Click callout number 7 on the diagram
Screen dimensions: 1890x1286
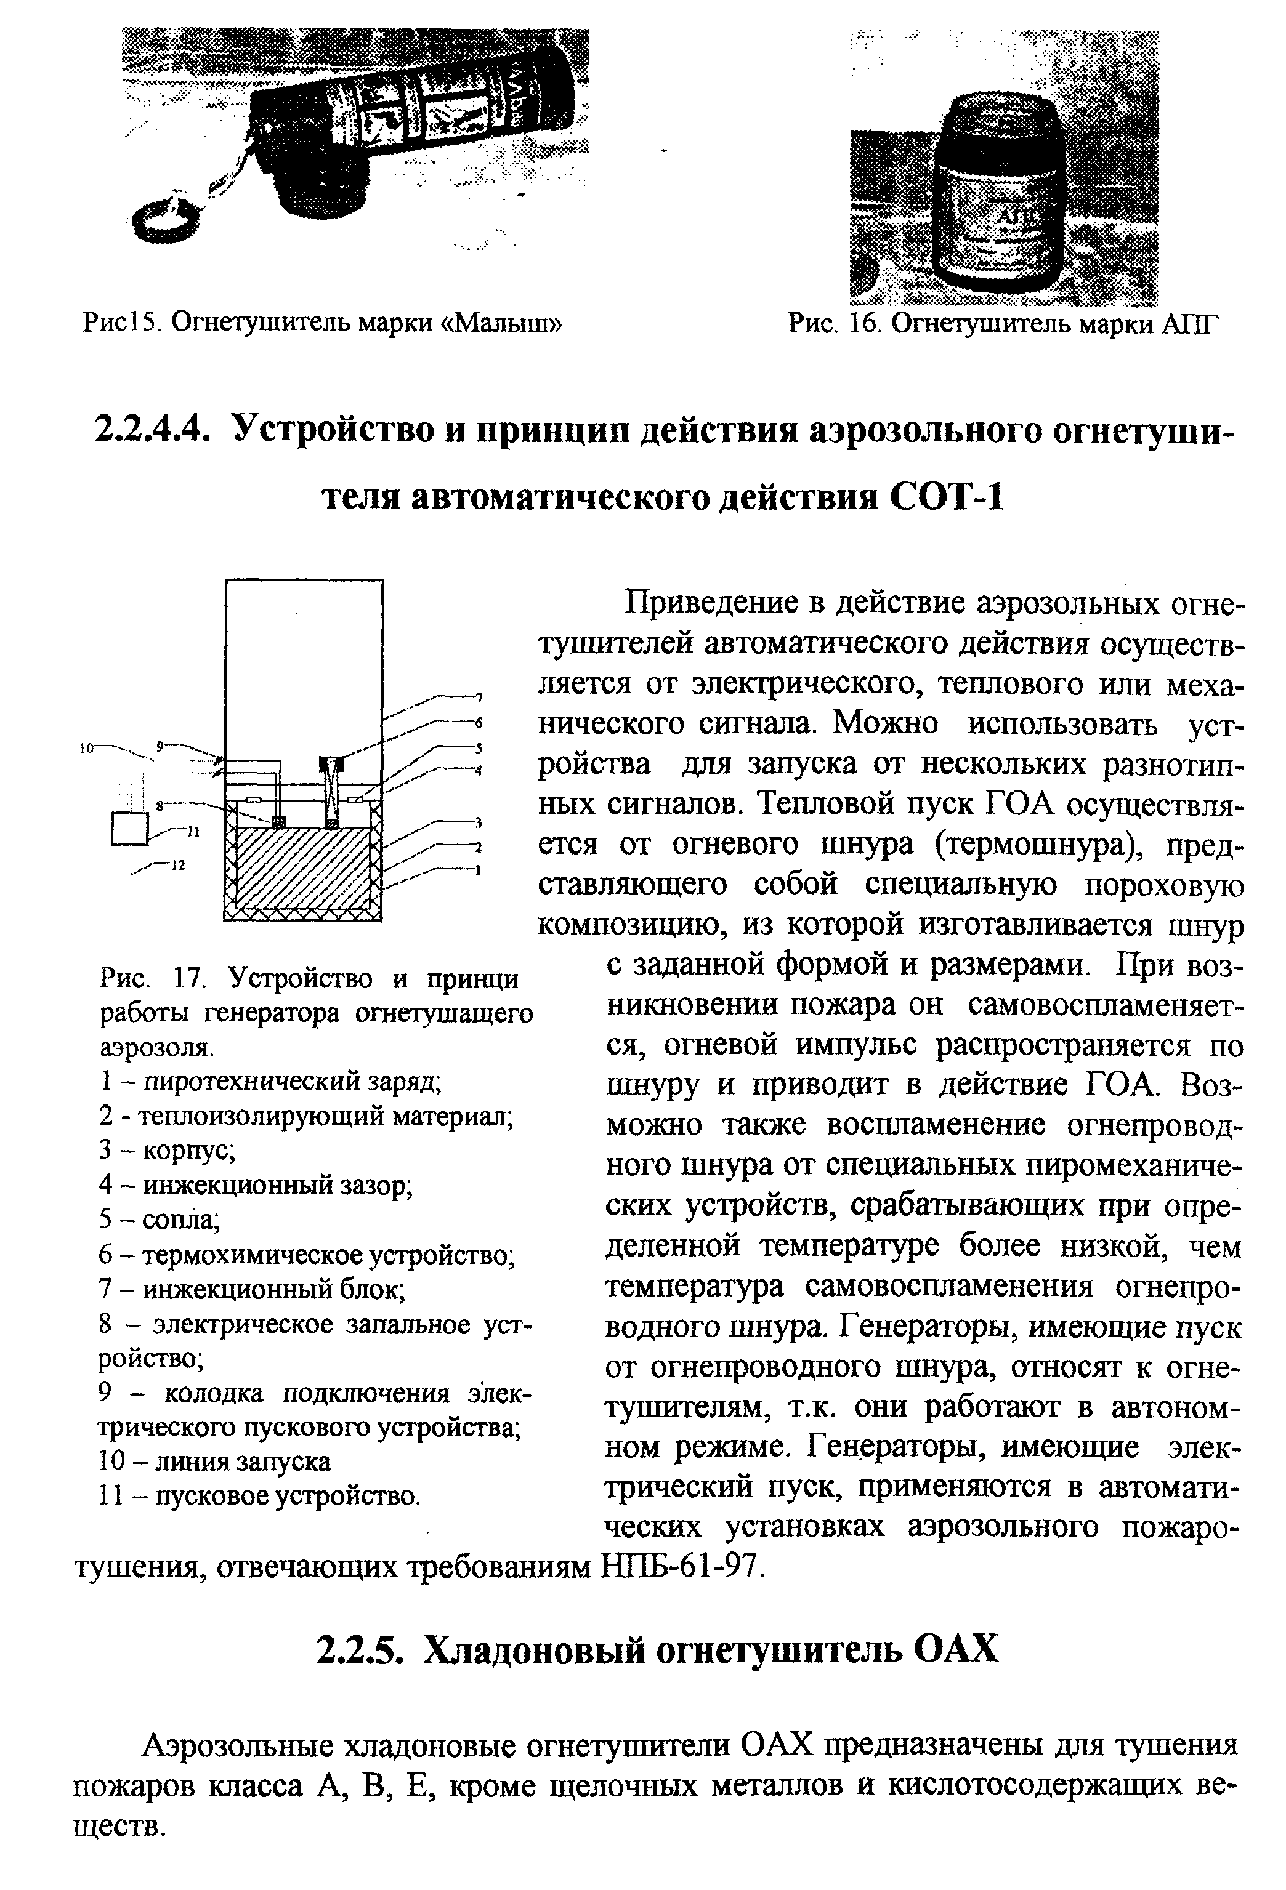coord(480,696)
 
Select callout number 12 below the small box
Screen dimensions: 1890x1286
coord(178,866)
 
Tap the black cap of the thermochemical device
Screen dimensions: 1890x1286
coord(332,763)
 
